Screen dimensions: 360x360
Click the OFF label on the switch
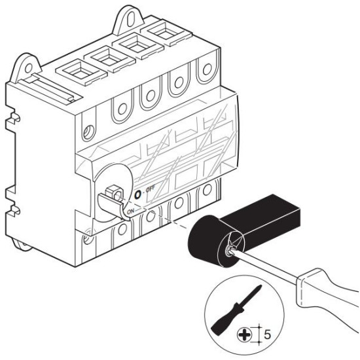(x=151, y=189)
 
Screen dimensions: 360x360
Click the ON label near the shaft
(x=130, y=211)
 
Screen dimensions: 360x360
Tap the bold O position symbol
(x=137, y=194)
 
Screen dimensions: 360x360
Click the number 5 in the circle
(x=267, y=334)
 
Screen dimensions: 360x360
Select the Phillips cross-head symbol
(x=244, y=335)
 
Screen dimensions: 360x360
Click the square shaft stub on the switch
(x=113, y=192)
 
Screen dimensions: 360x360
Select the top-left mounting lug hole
(x=28, y=68)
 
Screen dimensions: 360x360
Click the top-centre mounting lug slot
(x=131, y=19)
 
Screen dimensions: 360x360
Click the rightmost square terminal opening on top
(x=166, y=32)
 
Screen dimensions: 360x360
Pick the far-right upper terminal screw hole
(x=207, y=69)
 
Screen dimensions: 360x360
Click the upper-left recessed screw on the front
(x=88, y=132)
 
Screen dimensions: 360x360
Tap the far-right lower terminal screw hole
(x=207, y=190)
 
